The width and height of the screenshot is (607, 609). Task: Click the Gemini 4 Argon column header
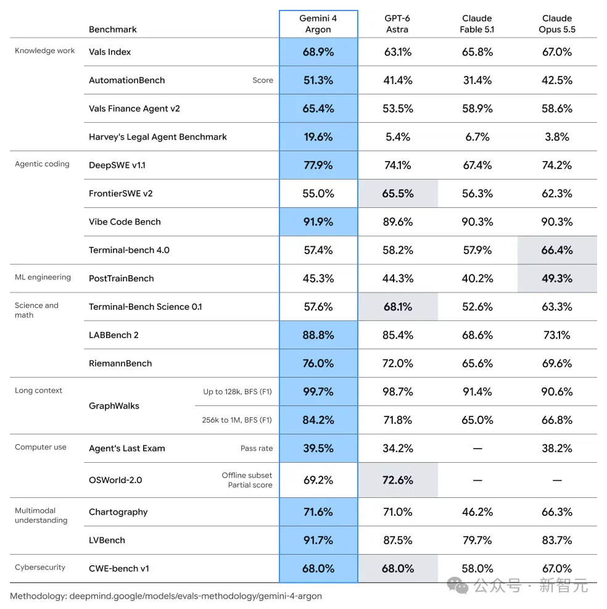pyautogui.click(x=318, y=23)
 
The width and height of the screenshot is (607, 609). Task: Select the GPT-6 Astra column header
pyautogui.click(x=397, y=23)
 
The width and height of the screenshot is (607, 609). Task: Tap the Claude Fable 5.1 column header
pyautogui.click(x=477, y=23)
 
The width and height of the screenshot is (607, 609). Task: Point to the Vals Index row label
pyautogui.click(x=110, y=52)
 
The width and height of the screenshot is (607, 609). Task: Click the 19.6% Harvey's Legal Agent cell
pyautogui.click(x=318, y=137)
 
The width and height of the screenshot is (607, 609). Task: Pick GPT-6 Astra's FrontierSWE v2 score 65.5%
pyautogui.click(x=398, y=193)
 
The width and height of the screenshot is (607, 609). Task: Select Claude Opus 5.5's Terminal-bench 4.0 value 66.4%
pyautogui.click(x=557, y=250)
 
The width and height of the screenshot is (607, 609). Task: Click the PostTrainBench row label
pyautogui.click(x=121, y=278)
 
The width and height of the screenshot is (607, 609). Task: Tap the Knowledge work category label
pyautogui.click(x=44, y=51)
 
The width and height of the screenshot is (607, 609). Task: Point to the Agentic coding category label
pyautogui.click(x=42, y=164)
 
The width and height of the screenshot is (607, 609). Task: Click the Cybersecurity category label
pyautogui.click(x=40, y=568)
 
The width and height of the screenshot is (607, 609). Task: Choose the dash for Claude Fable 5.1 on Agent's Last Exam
pyautogui.click(x=477, y=449)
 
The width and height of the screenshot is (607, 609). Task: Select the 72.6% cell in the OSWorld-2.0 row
pyautogui.click(x=398, y=480)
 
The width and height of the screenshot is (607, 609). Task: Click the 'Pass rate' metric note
pyautogui.click(x=257, y=448)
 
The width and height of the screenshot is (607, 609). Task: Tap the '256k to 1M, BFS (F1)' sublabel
pyautogui.click(x=237, y=420)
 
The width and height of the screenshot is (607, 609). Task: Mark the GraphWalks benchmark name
pyautogui.click(x=114, y=406)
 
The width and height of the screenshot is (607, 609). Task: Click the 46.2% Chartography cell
pyautogui.click(x=477, y=512)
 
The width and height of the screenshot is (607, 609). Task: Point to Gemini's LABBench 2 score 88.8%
pyautogui.click(x=318, y=335)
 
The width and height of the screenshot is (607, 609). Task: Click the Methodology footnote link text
pyautogui.click(x=166, y=596)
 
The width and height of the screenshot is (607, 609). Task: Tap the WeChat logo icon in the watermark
pyautogui.click(x=458, y=586)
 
